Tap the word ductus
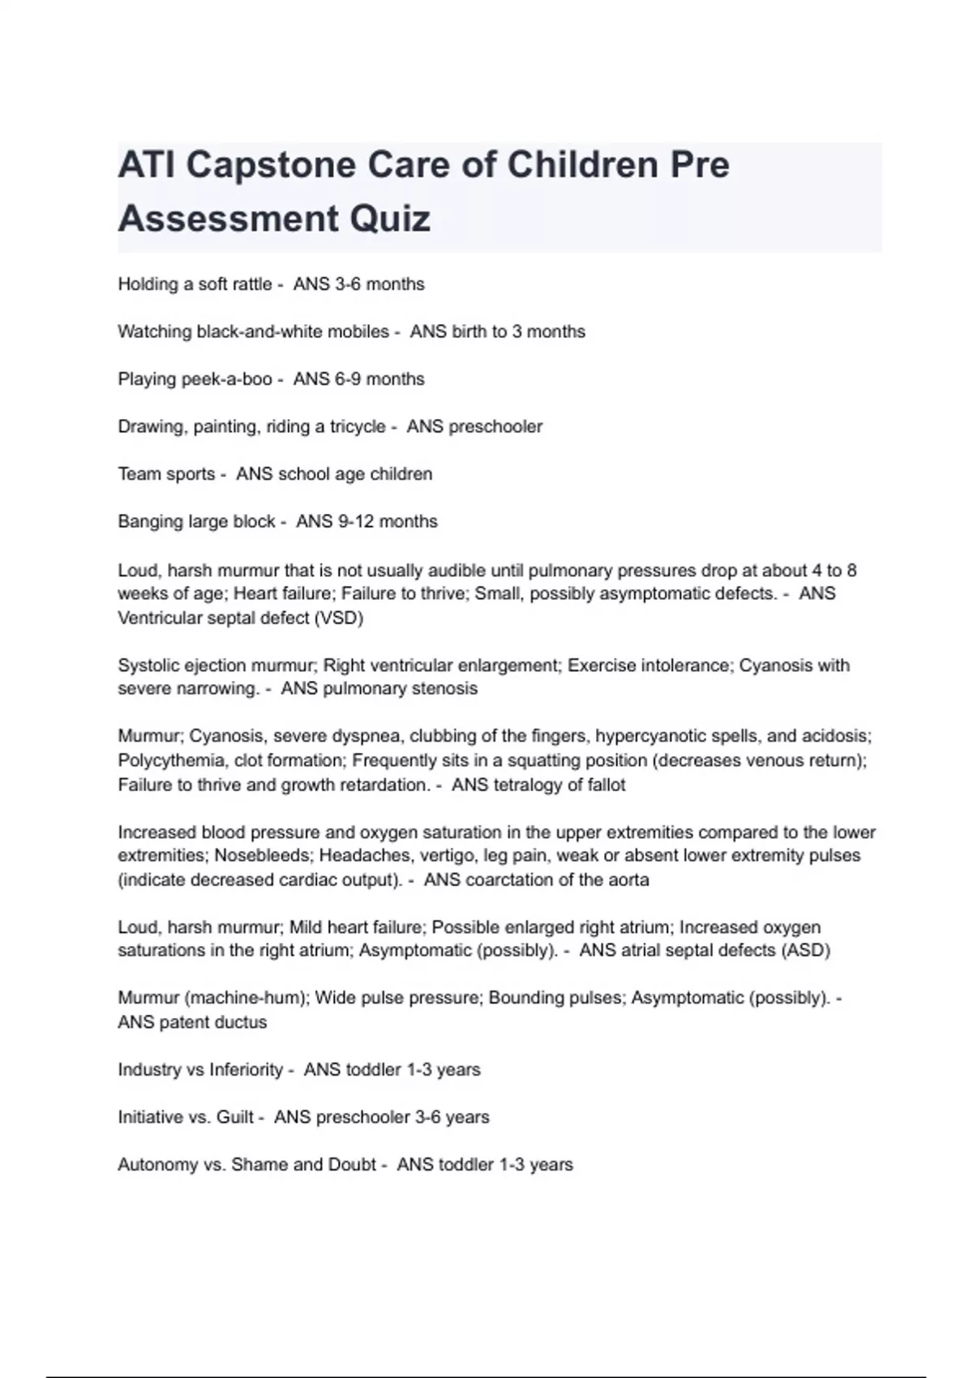coord(242,1023)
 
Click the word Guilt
coord(235,1118)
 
